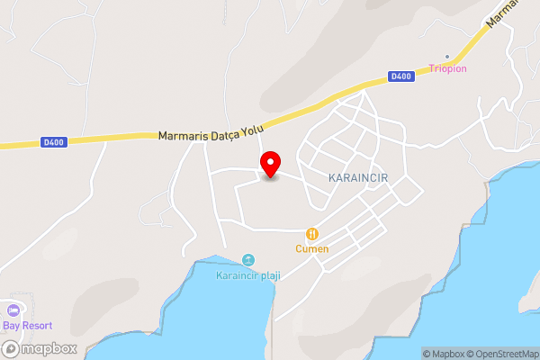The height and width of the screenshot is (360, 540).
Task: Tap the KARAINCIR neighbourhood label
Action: pos(357,177)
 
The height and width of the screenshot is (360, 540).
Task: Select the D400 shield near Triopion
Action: pos(401,76)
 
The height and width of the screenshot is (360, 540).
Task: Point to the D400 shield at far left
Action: pos(54,141)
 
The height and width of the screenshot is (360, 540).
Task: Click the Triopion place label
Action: pos(446,68)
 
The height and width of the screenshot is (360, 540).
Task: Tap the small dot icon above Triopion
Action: pos(447,56)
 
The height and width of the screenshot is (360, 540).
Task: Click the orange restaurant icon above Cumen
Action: pos(312,233)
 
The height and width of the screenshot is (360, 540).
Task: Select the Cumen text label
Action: pos(312,248)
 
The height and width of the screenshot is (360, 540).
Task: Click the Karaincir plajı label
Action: pos(247,275)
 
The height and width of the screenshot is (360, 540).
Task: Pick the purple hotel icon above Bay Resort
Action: pos(12,310)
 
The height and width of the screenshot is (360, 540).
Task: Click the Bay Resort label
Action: pos(26,325)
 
